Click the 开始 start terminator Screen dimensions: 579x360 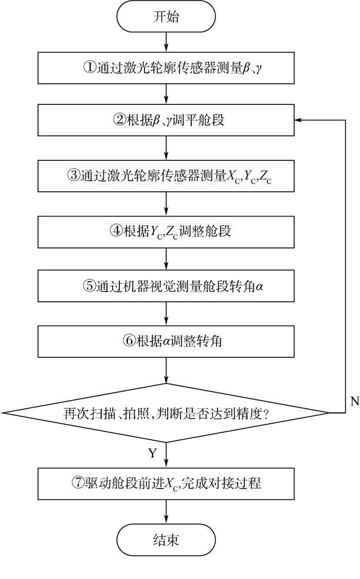[x=166, y=16]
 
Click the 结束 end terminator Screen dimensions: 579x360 [x=166, y=540]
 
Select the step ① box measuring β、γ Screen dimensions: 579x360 [x=166, y=68]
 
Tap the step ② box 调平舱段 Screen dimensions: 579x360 [x=166, y=121]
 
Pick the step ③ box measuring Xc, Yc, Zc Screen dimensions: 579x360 [x=166, y=175]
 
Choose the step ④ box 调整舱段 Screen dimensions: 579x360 [x=166, y=231]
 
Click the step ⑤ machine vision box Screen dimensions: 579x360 [x=166, y=286]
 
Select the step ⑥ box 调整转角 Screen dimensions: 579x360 [x=166, y=341]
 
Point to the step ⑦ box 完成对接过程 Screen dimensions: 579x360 [x=166, y=483]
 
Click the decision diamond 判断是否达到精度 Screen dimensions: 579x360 [x=166, y=412]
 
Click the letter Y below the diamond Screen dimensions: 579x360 [x=152, y=453]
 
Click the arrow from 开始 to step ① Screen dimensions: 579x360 [x=166, y=43]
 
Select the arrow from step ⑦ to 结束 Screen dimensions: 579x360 [x=166, y=512]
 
